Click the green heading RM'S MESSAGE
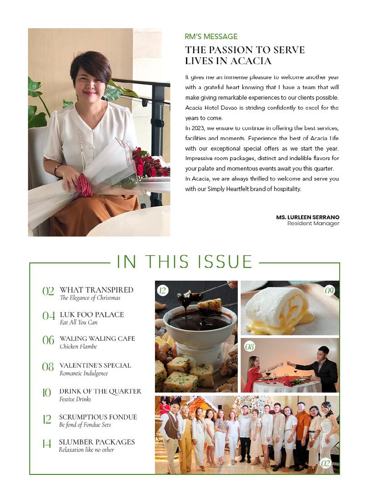pyautogui.click(x=211, y=37)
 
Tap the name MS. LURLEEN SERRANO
pyautogui.click(x=307, y=217)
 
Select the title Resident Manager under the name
pyautogui.click(x=313, y=224)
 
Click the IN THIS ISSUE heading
pyautogui.click(x=185, y=262)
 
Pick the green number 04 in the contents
pyautogui.click(x=49, y=316)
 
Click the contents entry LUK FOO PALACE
pyautogui.click(x=92, y=314)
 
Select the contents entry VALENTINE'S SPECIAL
pyautogui.click(x=95, y=365)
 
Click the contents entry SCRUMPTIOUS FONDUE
pyautogui.click(x=98, y=417)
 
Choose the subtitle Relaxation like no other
pyautogui.click(x=86, y=450)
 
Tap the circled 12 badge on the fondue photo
pyautogui.click(x=162, y=290)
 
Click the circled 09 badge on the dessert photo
pyautogui.click(x=330, y=290)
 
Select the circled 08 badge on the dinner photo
pyautogui.click(x=250, y=347)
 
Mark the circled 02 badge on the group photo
pyautogui.click(x=325, y=463)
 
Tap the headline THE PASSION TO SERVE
pyautogui.click(x=245, y=50)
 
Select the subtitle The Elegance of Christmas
pyautogui.click(x=90, y=298)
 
